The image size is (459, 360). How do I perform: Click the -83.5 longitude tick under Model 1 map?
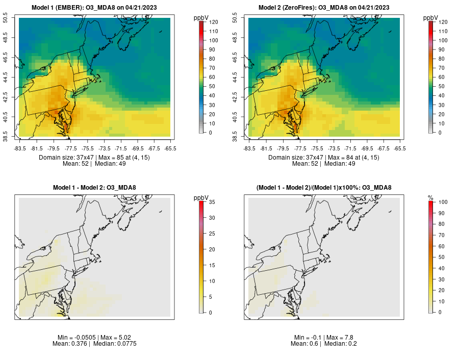point(19,148)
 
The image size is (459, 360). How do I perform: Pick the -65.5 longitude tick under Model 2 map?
point(400,148)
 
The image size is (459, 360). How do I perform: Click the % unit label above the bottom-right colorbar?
point(430,197)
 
